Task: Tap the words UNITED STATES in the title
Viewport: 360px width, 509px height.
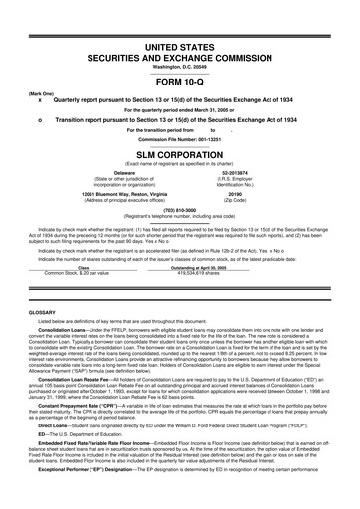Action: [179, 48]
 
